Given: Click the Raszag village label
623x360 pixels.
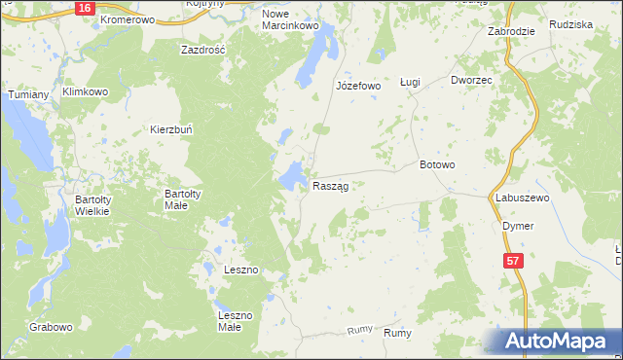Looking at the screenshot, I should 330,185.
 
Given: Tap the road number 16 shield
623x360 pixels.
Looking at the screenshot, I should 85,7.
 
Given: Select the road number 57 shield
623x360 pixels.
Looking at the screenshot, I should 514,261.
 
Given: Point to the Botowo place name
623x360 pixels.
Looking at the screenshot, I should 437,164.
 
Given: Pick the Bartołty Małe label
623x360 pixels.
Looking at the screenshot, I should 182,199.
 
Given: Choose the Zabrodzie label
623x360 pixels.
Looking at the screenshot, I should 511,31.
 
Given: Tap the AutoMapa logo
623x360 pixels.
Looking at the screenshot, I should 555,341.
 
